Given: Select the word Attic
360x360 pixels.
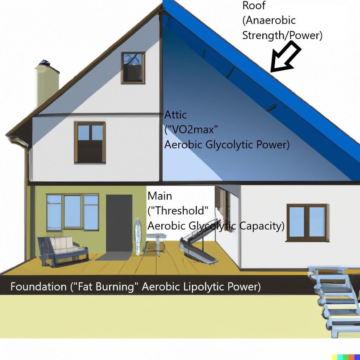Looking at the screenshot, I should tap(175, 115).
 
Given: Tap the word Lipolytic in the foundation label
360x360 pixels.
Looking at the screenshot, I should tap(204, 287).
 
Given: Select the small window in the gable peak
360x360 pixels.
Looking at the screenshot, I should tap(133, 68).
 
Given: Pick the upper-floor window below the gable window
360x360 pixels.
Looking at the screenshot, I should tap(90, 142).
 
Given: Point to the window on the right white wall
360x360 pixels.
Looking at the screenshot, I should tap(307, 220).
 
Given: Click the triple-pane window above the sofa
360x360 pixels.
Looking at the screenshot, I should tap(72, 211).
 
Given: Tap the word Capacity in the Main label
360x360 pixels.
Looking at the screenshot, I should tap(262, 226).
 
